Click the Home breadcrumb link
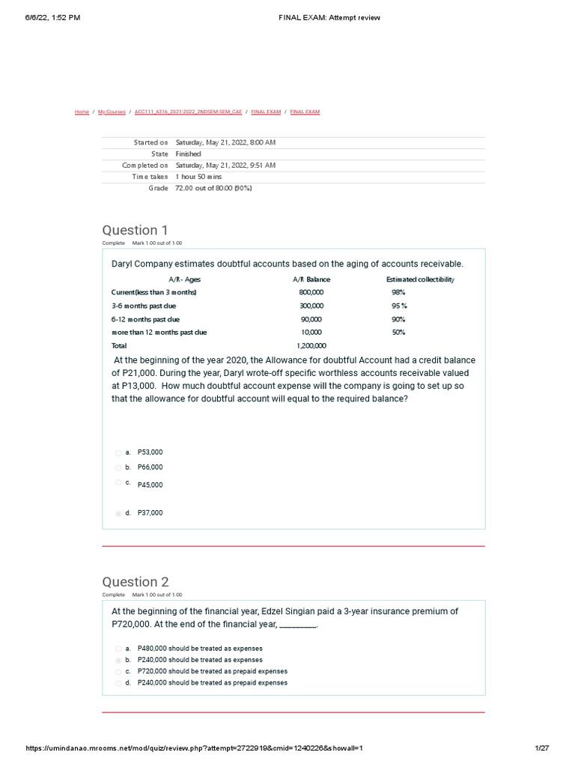[82, 112]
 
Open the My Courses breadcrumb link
[112, 112]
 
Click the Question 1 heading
[130, 230]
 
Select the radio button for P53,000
[118, 452]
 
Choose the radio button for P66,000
[118, 467]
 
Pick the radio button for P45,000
[118, 483]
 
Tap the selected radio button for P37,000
[118, 513]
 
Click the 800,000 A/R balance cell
[311, 293]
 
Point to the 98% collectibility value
[398, 293]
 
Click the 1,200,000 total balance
[311, 346]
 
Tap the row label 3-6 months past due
[144, 306]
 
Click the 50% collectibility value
[398, 333]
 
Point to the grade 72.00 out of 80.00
[213, 188]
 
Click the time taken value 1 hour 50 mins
[201, 177]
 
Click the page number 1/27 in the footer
[542, 748]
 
